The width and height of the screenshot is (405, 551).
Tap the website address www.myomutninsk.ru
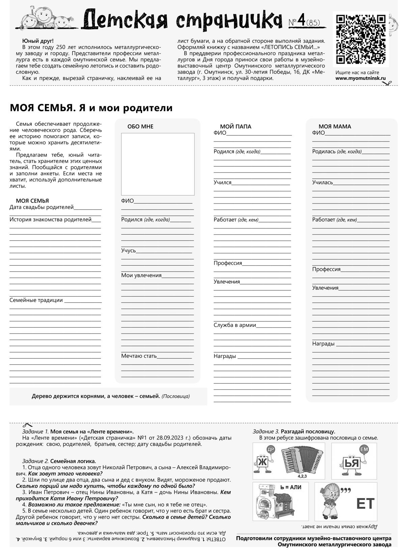pos(360,78)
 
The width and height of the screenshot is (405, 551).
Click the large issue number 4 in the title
pos(301,21)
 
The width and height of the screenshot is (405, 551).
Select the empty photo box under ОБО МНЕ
pos(158,164)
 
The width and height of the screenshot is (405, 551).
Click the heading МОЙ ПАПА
pos(236,127)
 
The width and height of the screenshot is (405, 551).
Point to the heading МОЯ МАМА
pos(335,127)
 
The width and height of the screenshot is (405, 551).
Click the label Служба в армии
pos(235,325)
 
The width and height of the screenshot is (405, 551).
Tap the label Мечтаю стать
pos(139,356)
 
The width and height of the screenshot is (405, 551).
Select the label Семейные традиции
pos(36,300)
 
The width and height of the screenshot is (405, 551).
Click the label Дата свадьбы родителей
pos(42,207)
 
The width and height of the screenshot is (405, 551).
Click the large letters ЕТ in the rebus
pos(365,504)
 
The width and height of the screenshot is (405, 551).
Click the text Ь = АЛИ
pos(291,487)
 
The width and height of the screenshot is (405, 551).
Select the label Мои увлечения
pos(141,276)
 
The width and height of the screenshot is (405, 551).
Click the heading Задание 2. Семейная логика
pos(59,461)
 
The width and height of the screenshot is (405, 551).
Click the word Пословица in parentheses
pos(175,396)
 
